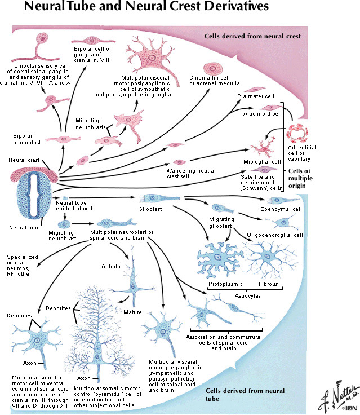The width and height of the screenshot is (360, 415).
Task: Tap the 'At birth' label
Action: point(112,266)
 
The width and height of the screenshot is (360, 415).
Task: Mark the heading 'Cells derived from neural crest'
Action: point(252,37)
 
